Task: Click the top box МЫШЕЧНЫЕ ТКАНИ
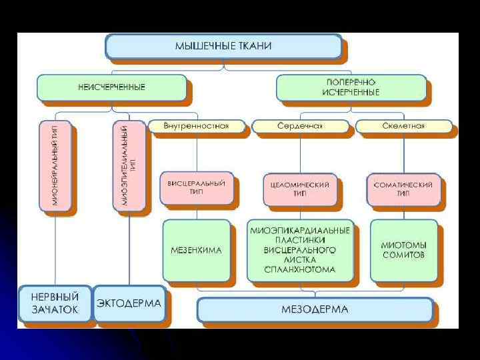pyautogui.click(x=223, y=47)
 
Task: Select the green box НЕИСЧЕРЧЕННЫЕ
pyautogui.click(x=111, y=87)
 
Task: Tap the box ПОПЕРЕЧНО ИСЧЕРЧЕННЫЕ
pyautogui.click(x=351, y=87)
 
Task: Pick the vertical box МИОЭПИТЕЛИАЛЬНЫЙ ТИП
pyautogui.click(x=129, y=165)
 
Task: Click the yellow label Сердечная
pyautogui.click(x=300, y=126)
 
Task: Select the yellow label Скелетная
pyautogui.click(x=403, y=126)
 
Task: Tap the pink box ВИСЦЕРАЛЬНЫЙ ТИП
pyautogui.click(x=197, y=188)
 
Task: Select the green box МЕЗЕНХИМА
pyautogui.click(x=197, y=250)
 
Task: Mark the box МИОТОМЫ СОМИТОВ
pyautogui.click(x=403, y=250)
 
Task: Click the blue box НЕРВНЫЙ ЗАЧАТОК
pyautogui.click(x=55, y=303)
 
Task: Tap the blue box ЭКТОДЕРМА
pyautogui.click(x=129, y=303)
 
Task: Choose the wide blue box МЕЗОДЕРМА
pyautogui.click(x=315, y=309)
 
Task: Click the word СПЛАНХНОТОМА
pyautogui.click(x=300, y=269)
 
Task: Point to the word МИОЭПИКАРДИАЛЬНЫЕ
pyautogui.click(x=300, y=231)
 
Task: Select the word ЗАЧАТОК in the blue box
pyautogui.click(x=55, y=309)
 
